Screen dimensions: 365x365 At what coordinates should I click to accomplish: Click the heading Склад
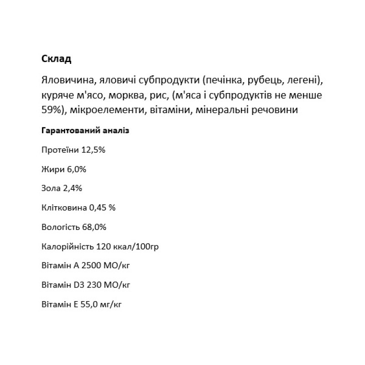[57, 59]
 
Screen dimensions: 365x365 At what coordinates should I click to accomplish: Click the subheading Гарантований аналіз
[85, 130]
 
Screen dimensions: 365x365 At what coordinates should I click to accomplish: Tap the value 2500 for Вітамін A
[90, 266]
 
